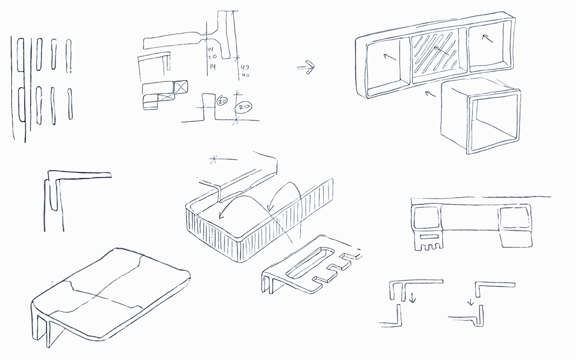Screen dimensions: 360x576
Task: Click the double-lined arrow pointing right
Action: pos(306,67)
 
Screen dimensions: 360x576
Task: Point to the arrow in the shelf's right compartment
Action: pos(487,39)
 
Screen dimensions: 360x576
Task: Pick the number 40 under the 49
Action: pos(246,75)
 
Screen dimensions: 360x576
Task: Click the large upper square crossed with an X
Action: pos(181,86)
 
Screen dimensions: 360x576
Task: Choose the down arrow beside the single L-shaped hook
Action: pos(471,302)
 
